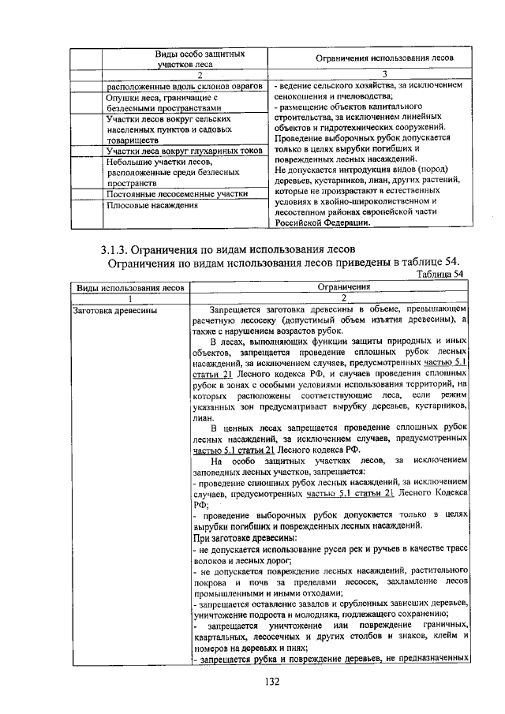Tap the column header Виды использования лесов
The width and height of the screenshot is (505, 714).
(127, 289)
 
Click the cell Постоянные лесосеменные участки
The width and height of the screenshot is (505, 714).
(178, 193)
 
